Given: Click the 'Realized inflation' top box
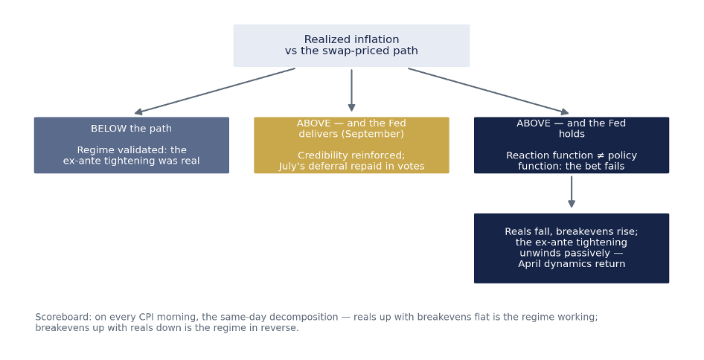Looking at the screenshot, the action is [x=351, y=45].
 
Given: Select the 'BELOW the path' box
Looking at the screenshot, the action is [x=132, y=145].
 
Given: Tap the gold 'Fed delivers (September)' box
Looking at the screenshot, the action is [x=351, y=145].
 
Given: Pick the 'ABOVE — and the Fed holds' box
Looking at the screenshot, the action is [x=572, y=145].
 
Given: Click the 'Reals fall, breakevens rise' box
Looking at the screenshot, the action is [x=572, y=248].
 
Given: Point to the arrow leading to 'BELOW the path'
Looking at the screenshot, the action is [x=214, y=91].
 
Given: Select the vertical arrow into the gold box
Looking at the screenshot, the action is [x=351, y=90].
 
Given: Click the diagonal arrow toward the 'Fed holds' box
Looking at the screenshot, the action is [x=488, y=91].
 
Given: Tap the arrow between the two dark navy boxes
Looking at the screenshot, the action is [x=572, y=192].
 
